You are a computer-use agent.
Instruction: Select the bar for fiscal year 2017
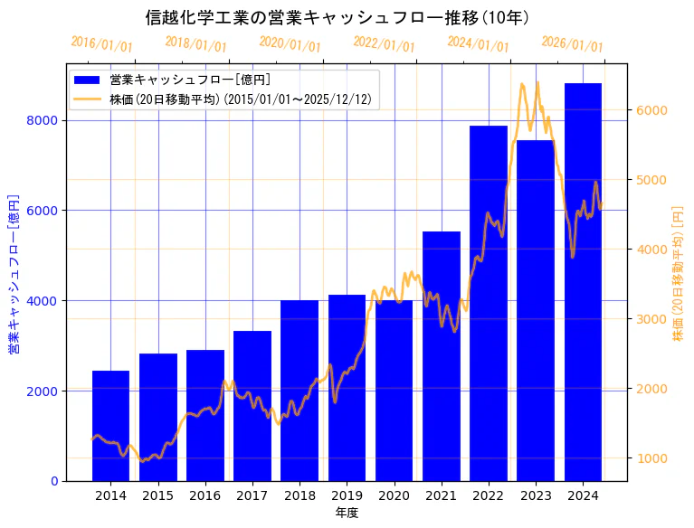[x=252, y=406]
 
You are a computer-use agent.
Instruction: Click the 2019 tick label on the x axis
[x=347, y=495]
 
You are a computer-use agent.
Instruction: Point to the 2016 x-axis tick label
[x=205, y=495]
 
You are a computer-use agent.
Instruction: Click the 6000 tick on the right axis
[x=652, y=110]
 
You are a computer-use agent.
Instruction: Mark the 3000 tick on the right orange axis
[x=652, y=318]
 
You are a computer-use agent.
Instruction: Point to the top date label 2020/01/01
[x=290, y=44]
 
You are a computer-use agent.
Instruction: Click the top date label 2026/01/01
[x=572, y=44]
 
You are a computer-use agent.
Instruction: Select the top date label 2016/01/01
[x=101, y=44]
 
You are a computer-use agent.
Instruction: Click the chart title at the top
[x=337, y=17]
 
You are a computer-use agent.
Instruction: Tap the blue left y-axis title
[x=14, y=273]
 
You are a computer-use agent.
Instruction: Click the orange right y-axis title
[x=678, y=273]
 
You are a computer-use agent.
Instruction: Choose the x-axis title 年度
[x=347, y=513]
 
